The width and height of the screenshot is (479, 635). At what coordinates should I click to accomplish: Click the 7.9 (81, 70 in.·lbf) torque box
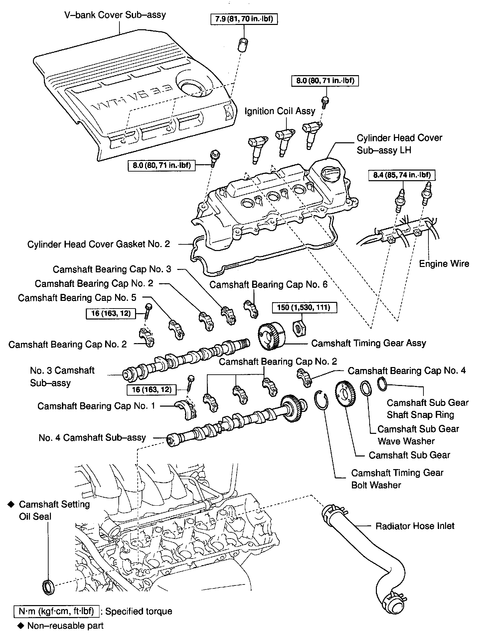click(244, 19)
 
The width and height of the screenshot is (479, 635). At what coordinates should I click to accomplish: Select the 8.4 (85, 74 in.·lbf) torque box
click(402, 175)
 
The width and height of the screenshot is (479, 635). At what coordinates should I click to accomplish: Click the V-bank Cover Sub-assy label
click(115, 15)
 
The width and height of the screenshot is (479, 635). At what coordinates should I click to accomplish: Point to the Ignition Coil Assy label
click(280, 111)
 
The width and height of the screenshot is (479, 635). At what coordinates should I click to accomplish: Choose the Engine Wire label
click(444, 264)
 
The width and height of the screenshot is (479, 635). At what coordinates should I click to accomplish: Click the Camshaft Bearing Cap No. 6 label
click(268, 285)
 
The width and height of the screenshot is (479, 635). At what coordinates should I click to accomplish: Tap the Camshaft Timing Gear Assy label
click(369, 343)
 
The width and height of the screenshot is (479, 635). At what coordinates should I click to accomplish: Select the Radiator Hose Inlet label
click(415, 526)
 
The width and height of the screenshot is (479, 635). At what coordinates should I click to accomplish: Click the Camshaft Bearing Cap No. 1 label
click(96, 406)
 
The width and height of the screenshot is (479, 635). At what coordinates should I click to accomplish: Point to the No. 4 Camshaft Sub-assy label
click(92, 438)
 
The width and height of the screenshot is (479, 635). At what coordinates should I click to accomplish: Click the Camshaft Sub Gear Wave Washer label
click(418, 435)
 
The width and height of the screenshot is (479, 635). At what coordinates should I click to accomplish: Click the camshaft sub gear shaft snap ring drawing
click(382, 384)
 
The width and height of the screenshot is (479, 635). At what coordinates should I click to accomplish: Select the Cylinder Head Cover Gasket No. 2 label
click(98, 244)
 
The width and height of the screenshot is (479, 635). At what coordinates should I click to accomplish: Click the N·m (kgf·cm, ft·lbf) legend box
click(56, 611)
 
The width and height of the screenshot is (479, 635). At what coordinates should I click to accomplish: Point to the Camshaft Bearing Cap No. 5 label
click(77, 298)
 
